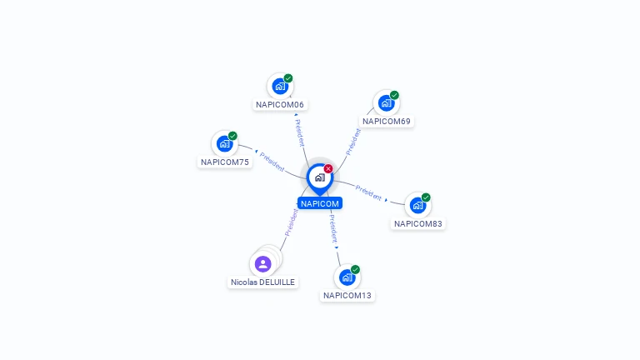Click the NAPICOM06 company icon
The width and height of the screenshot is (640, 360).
[280, 86]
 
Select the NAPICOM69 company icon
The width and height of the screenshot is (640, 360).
[386, 102]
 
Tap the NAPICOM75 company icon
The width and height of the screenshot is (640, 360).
[224, 143]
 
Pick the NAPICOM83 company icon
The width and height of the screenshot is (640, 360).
[417, 205]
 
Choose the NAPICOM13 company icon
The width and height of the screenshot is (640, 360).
[347, 277]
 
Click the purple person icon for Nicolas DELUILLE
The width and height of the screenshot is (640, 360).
[263, 264]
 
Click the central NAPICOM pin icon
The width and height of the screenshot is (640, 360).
[319, 177]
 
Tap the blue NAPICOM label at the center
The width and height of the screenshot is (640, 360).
[320, 203]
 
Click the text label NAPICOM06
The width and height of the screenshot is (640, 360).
[280, 105]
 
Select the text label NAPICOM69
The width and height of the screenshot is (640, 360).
[387, 122]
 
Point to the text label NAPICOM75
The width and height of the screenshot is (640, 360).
[225, 162]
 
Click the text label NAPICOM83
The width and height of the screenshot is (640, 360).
[418, 224]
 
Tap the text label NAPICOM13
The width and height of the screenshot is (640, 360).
[347, 296]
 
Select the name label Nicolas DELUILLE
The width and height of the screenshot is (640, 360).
[263, 282]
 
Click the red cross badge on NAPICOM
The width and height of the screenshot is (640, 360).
[328, 169]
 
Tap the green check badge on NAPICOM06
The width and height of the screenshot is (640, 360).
[288, 78]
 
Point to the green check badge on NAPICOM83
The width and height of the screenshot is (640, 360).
[426, 197]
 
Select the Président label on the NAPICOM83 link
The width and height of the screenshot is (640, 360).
[368, 192]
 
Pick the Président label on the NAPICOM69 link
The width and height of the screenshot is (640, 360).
[353, 142]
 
